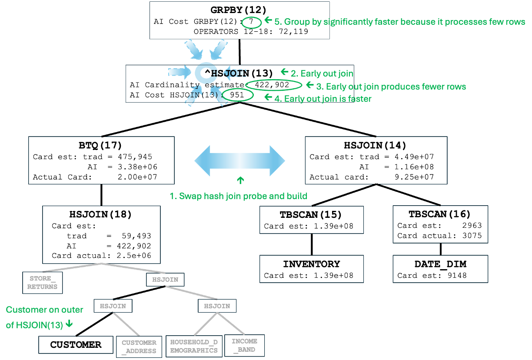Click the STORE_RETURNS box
(x=42, y=283)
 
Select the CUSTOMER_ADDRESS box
(x=139, y=347)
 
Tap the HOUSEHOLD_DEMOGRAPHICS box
(x=194, y=346)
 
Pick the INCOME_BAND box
(x=244, y=345)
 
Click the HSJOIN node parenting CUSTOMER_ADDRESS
(x=113, y=306)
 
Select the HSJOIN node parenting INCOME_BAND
(x=217, y=306)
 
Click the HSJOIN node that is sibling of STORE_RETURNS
(x=165, y=279)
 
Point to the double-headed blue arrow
(x=239, y=161)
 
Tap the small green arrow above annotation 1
(x=240, y=180)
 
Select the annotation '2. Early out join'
(x=322, y=73)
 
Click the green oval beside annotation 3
(x=273, y=85)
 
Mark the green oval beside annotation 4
(x=238, y=95)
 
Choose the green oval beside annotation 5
(x=252, y=23)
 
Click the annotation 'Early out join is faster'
(x=323, y=99)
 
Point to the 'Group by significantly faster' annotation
(x=400, y=22)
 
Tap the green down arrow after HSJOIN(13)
(x=69, y=324)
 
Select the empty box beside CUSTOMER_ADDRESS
(x=76, y=345)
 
